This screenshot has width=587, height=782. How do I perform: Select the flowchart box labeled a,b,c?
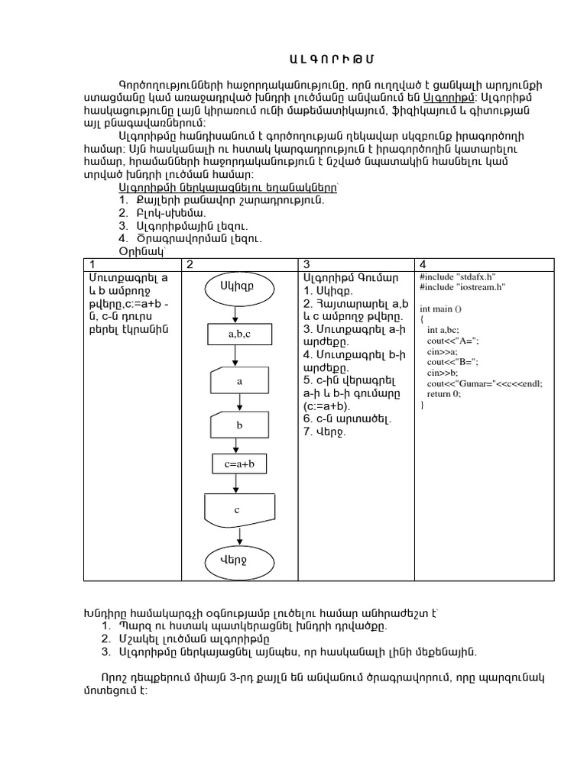pyautogui.click(x=239, y=334)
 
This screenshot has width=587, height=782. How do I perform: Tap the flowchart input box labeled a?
pyautogui.click(x=239, y=380)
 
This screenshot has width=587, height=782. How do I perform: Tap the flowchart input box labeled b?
pyautogui.click(x=239, y=424)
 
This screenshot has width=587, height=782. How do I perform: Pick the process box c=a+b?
pyautogui.click(x=239, y=464)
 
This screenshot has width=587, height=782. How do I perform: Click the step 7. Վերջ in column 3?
pyautogui.click(x=325, y=432)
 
